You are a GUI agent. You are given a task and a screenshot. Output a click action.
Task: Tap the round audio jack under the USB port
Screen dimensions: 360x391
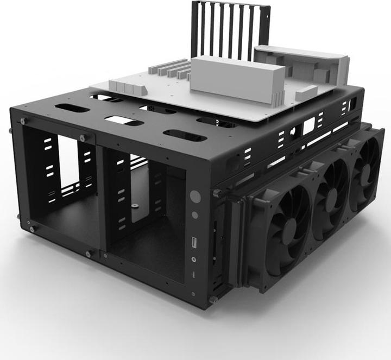pos(194,259)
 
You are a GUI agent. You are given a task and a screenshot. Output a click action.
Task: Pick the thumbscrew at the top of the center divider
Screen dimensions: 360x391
pos(83,137)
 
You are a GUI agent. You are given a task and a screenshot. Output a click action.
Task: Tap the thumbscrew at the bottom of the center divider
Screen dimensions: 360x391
pos(89,254)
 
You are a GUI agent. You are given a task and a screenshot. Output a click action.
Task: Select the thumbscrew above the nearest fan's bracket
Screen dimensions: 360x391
pos(217,193)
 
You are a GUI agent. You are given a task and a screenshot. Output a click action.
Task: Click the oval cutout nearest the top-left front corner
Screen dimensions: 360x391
pos(72,109)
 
